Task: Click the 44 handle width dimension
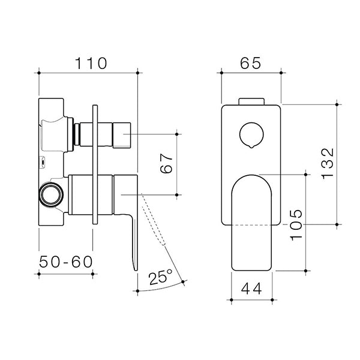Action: click(x=252, y=288)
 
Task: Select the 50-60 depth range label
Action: click(x=66, y=262)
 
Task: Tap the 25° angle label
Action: click(x=161, y=277)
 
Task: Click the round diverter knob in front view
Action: click(x=251, y=136)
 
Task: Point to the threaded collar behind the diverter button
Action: click(x=76, y=133)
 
